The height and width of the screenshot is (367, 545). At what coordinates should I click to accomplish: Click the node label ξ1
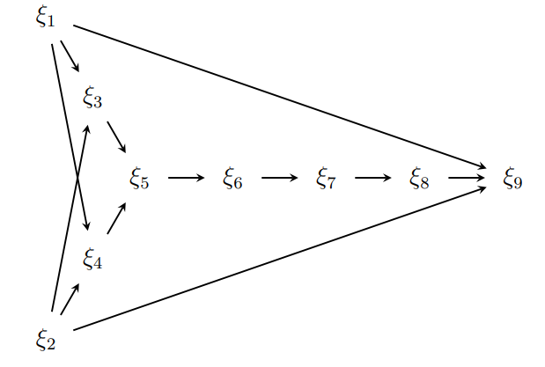coord(46,18)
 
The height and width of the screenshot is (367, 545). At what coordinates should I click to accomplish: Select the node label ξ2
coord(46,340)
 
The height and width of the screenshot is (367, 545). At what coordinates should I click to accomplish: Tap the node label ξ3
coord(92,98)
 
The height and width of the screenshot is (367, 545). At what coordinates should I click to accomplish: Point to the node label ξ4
coord(92,259)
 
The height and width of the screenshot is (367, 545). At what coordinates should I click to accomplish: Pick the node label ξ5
coord(139,179)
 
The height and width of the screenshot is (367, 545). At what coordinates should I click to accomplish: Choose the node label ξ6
coord(232,179)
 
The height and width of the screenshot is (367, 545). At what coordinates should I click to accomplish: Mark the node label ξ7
coord(326,179)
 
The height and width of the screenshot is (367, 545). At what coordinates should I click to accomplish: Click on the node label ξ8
coord(419,179)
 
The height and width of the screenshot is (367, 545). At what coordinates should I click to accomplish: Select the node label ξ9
coord(512,179)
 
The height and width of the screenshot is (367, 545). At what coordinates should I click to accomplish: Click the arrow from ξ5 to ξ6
coord(187,178)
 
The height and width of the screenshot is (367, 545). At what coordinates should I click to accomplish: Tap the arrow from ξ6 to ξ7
coord(279,178)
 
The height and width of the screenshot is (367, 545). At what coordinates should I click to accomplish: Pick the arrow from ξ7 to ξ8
coord(373,178)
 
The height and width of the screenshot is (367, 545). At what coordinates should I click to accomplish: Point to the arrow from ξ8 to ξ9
coord(467,178)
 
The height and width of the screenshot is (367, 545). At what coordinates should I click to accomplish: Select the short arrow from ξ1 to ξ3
coord(70,56)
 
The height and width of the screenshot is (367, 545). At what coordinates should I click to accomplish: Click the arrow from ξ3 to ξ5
coord(116,137)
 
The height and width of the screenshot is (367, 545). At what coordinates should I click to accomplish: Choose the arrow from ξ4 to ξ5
coord(116,218)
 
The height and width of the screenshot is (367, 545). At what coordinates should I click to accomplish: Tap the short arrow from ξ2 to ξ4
coord(70,299)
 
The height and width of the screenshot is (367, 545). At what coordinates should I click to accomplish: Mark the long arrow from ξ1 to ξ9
coord(280,96)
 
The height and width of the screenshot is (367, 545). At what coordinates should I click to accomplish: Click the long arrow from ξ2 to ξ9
coord(280,258)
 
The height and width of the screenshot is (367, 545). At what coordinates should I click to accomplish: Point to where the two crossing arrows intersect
coord(77,178)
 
